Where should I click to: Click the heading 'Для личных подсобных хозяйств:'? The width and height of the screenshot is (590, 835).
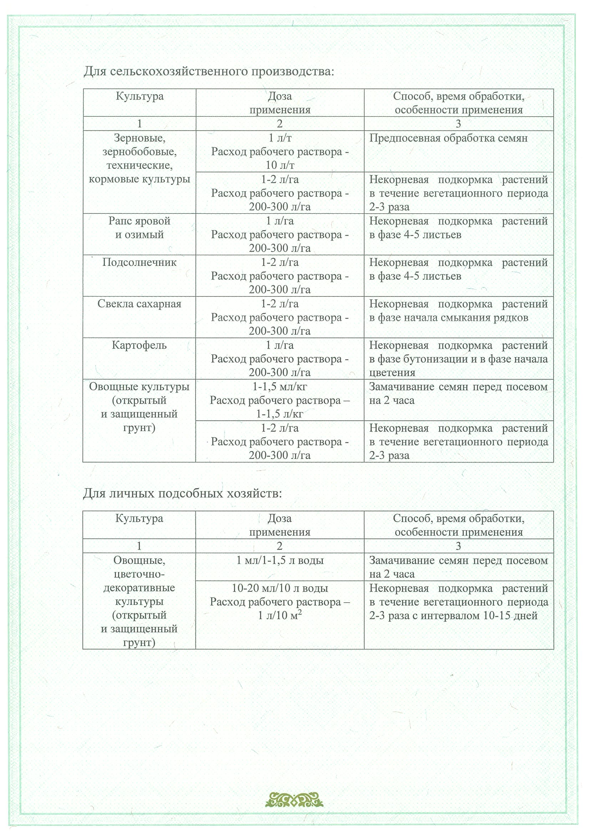tap(183, 494)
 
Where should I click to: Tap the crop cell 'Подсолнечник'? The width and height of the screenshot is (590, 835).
tap(139, 263)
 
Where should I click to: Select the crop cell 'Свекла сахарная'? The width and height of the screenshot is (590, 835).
tap(139, 304)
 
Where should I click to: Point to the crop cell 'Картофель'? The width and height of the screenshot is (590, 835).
tap(139, 345)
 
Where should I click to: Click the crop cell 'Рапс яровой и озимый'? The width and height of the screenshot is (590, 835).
tap(139, 228)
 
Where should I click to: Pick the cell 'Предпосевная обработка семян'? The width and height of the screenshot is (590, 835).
tap(448, 138)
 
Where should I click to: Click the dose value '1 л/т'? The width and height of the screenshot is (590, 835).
tap(280, 138)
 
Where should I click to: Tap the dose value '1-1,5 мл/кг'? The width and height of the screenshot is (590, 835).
tap(280, 386)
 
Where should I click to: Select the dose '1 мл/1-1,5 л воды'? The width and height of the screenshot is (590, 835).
tap(280, 561)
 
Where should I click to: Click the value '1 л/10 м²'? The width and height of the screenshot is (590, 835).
tap(280, 616)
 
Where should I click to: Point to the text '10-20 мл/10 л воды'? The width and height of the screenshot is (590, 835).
tap(280, 588)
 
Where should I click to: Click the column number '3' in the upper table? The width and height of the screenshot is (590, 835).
tap(458, 124)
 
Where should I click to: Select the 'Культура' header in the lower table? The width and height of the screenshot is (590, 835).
tap(139, 518)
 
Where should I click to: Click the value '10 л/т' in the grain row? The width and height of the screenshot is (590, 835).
tap(280, 166)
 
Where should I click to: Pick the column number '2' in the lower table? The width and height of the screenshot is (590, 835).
tap(280, 546)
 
